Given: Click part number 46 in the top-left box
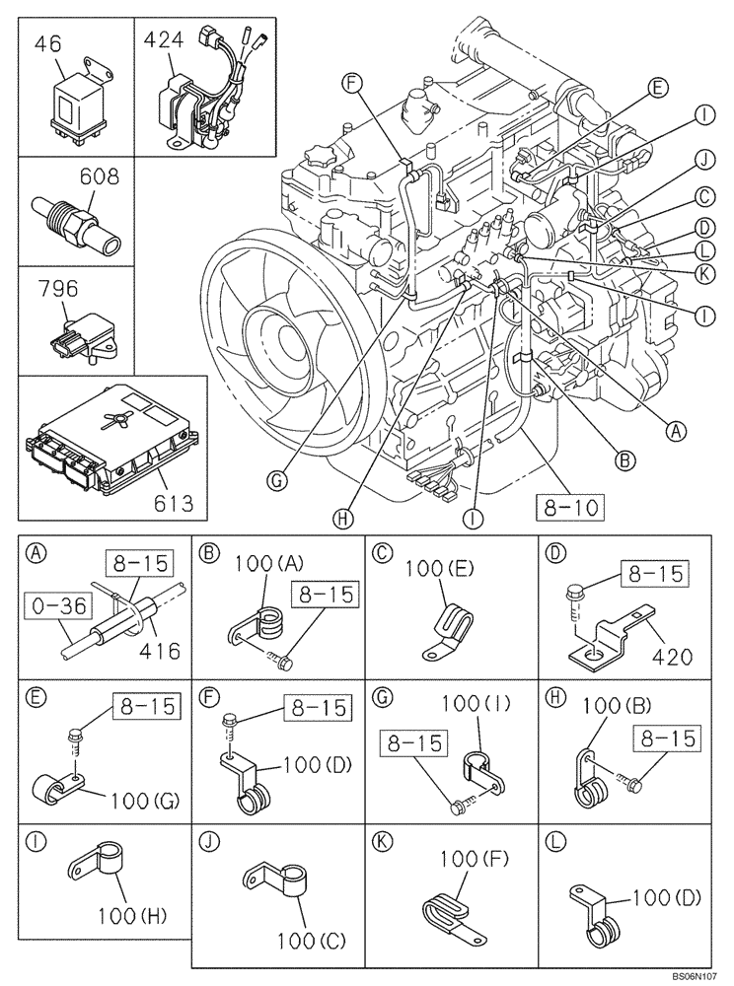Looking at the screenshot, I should (47, 42).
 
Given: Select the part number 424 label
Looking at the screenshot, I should (164, 40).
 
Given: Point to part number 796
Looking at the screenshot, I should (59, 292).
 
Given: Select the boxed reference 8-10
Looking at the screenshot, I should (571, 508).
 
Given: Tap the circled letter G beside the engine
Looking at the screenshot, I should (278, 481).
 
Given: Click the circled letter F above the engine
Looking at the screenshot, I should (353, 84).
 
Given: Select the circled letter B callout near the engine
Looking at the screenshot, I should (624, 457).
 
